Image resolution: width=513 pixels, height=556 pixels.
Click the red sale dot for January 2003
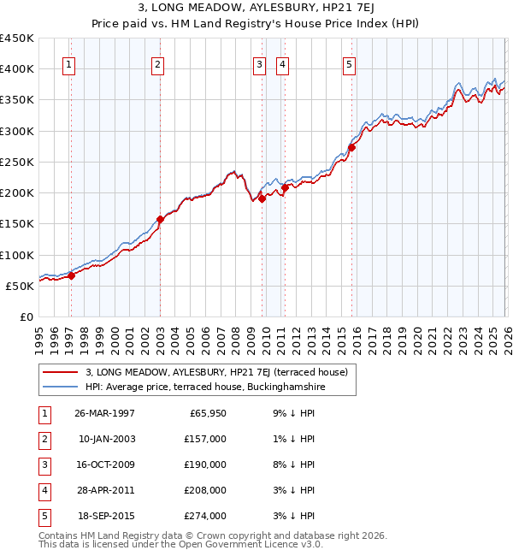(x=160, y=219)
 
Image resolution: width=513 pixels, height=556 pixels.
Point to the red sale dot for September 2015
(x=351, y=146)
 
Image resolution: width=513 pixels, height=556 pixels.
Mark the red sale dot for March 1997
(x=72, y=275)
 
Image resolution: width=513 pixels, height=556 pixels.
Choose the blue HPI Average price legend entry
(x=205, y=387)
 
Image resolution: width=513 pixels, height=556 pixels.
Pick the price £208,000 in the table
(x=205, y=490)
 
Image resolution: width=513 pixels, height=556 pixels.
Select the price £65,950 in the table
(x=208, y=413)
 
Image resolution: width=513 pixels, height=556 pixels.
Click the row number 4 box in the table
(x=44, y=490)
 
